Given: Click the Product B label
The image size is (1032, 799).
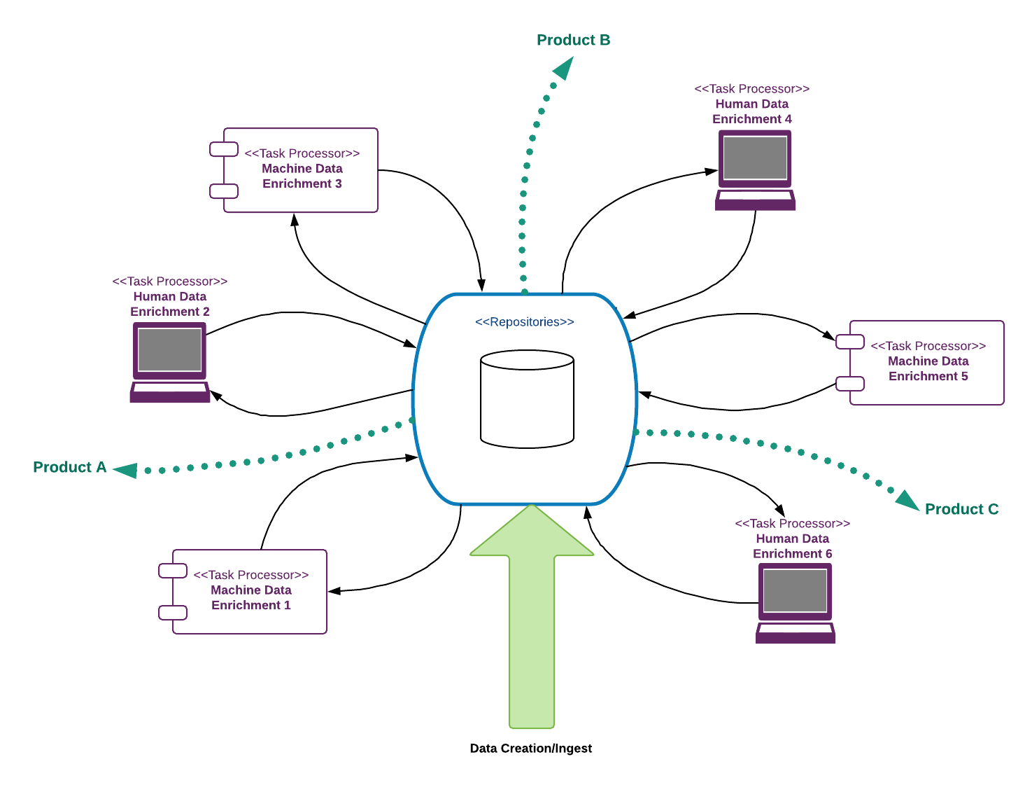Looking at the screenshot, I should coord(573,40).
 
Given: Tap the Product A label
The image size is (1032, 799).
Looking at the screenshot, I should coord(69,467).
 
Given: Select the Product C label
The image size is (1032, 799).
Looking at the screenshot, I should coord(961,509).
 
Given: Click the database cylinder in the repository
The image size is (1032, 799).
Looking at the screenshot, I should coord(528,399).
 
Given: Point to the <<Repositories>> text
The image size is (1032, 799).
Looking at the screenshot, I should coord(524,322).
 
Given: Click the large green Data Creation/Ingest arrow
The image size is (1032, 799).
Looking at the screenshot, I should coord(532,616).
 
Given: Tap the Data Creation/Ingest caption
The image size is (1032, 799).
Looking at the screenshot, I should coord(530,749).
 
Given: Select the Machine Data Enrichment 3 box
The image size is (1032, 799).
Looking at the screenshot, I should coord(301,170).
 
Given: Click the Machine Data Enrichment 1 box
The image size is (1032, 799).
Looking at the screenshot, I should coord(250,592).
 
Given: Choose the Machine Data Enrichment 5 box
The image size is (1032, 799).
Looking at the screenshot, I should coord(927,363).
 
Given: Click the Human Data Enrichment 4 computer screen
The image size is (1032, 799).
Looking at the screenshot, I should coord(755,158).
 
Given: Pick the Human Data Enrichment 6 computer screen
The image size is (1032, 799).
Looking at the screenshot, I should coord(795,591).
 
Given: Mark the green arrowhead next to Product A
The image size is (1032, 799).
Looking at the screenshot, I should coord(126,470).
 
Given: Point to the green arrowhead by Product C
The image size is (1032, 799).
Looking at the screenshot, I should coord(907,500).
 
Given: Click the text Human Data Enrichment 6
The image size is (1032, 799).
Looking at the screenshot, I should coord(792,546).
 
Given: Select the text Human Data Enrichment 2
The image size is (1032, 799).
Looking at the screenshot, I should coord(169,304).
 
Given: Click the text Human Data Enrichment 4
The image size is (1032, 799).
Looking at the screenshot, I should coord(751,111).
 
